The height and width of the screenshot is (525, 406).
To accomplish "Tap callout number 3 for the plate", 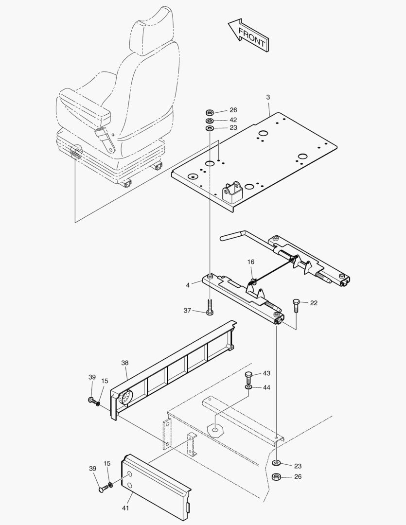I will pyautogui.click(x=268, y=98).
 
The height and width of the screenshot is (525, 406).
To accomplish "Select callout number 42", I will pyautogui.click(x=233, y=120).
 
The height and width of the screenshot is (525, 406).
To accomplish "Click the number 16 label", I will pyautogui.click(x=250, y=262).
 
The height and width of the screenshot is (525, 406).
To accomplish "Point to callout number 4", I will pyautogui.click(x=188, y=285).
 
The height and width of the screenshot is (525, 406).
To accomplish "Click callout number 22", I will pyautogui.click(x=314, y=303).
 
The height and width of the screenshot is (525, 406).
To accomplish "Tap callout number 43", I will pyautogui.click(x=266, y=373).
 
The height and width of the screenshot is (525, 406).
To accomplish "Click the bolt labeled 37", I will pyautogui.click(x=210, y=307).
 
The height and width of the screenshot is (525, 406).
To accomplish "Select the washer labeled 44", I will pyautogui.click(x=249, y=387).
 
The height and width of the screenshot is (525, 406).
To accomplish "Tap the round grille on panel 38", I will pyautogui.click(x=124, y=397).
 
